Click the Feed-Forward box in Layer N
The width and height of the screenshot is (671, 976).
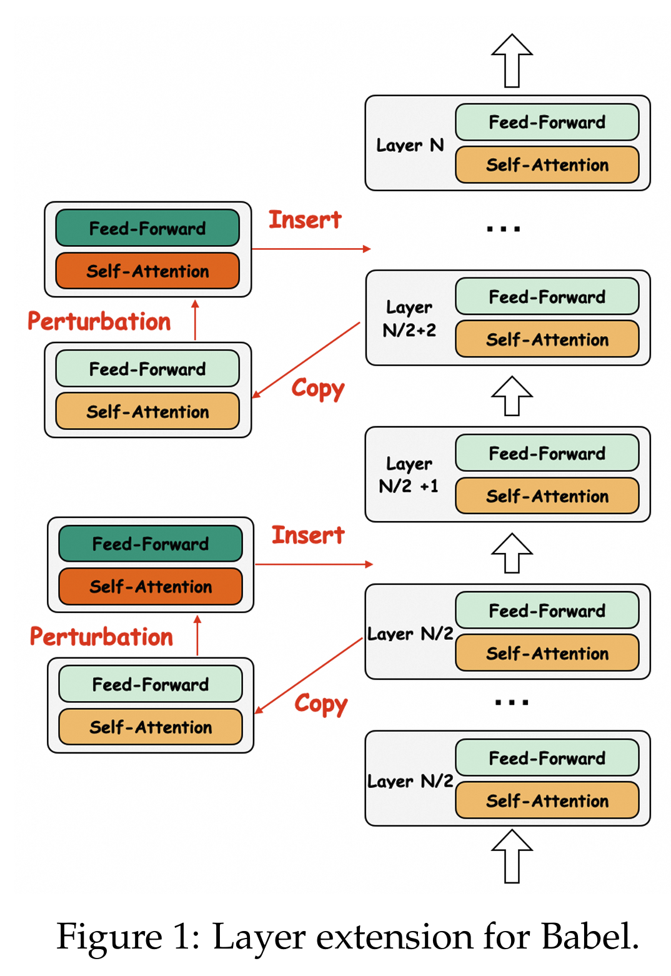point(547,122)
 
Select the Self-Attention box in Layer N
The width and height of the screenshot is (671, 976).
point(547,165)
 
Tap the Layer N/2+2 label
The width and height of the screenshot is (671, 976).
point(410,319)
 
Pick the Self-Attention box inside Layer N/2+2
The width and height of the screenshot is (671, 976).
point(547,339)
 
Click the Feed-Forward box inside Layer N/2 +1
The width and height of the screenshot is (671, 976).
point(547,454)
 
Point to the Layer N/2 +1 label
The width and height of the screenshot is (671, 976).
point(409,475)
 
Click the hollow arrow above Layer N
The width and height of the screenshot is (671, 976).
point(512,61)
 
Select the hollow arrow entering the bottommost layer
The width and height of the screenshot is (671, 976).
point(512,856)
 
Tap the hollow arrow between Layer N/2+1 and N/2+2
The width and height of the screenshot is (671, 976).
point(512,396)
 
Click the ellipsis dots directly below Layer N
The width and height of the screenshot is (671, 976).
point(504,229)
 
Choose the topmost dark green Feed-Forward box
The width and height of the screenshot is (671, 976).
point(147,229)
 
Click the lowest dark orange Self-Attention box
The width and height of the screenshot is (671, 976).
point(151,587)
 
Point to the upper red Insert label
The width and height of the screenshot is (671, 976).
point(305,220)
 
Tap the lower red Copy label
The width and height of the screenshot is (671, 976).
point(321,704)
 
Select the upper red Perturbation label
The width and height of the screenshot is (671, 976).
point(99,322)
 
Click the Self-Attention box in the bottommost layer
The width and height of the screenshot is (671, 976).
point(547,800)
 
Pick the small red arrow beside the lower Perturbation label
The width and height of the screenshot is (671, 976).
point(197,635)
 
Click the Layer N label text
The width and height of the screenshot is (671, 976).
point(410,146)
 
